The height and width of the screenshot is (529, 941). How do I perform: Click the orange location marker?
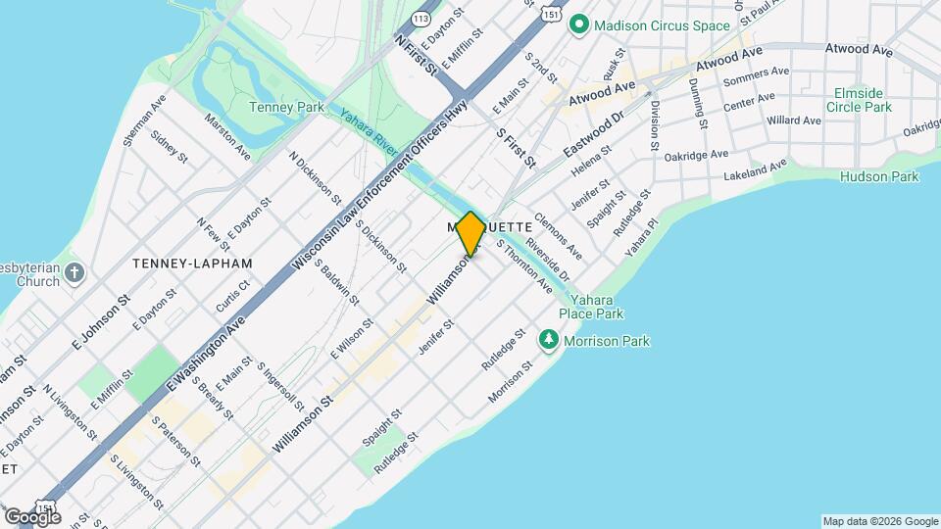(x=470, y=233)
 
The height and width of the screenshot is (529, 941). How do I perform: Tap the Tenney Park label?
(x=286, y=107)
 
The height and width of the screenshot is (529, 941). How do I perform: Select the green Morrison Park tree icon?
(x=549, y=340)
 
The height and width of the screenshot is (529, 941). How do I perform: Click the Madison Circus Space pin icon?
(x=580, y=24)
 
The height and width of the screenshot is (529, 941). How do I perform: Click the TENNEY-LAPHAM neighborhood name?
(x=192, y=264)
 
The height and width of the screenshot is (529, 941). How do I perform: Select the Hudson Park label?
(x=879, y=176)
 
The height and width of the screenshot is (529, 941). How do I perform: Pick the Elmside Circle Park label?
(x=859, y=99)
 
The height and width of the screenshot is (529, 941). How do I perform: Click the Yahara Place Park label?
(x=597, y=308)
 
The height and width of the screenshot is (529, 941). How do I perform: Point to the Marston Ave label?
(x=227, y=137)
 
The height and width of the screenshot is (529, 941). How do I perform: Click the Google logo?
(x=31, y=516)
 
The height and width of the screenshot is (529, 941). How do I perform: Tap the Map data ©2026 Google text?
(x=879, y=521)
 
